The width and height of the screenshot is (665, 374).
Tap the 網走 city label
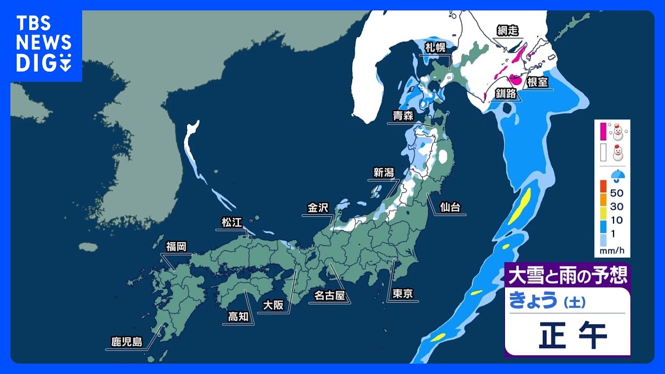click(508, 30)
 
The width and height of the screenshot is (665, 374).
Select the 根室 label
click(538, 82)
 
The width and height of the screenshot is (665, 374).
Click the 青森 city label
click(403, 116)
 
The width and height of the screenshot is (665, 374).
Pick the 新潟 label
click(383, 172)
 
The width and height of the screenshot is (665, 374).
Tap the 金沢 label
click(318, 208)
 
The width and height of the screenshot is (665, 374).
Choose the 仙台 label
click(449, 207)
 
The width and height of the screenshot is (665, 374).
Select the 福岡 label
click(176, 246)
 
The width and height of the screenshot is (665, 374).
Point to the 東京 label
click(403, 294)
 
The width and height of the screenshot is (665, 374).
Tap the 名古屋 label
click(329, 296)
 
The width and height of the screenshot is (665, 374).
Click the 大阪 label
click(273, 305)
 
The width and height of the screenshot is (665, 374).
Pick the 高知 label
click(238, 316)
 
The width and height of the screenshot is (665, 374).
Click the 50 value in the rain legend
click(617, 193)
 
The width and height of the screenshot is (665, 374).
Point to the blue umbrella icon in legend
click(618, 176)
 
